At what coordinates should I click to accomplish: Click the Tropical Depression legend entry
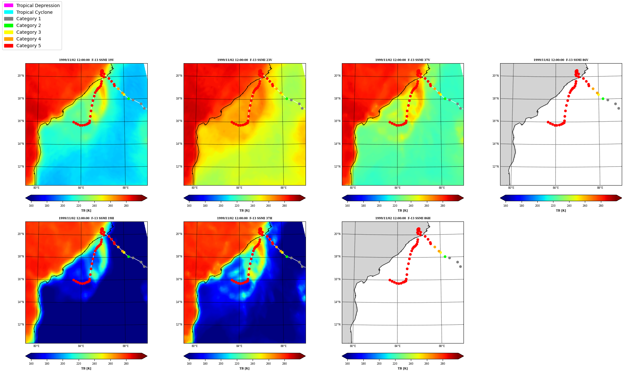click(32, 5)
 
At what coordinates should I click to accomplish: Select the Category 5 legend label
click(29, 46)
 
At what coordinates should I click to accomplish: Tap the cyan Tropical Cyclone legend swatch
click(9, 12)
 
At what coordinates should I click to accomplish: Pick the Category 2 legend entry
click(22, 25)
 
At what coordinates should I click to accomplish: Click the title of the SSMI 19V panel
click(86, 60)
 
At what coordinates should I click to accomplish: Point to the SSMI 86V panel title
click(561, 60)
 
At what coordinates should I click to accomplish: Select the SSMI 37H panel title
click(244, 218)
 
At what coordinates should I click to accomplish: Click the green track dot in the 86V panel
click(603, 99)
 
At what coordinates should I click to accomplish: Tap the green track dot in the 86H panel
click(445, 256)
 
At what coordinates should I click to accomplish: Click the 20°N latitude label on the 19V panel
click(21, 76)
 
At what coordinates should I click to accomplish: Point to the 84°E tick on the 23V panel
click(239, 188)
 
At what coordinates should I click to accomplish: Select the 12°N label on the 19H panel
click(21, 325)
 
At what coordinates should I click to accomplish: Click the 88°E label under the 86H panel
click(442, 346)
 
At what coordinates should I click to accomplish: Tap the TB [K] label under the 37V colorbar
click(403, 211)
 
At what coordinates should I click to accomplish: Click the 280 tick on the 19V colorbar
click(126, 206)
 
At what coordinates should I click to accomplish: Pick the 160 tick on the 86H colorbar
click(347, 364)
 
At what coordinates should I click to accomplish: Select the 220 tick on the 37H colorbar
click(237, 364)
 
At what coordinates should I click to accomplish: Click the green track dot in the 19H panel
click(128, 256)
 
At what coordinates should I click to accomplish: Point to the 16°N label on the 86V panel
click(495, 121)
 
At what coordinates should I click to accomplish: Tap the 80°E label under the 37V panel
click(353, 188)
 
